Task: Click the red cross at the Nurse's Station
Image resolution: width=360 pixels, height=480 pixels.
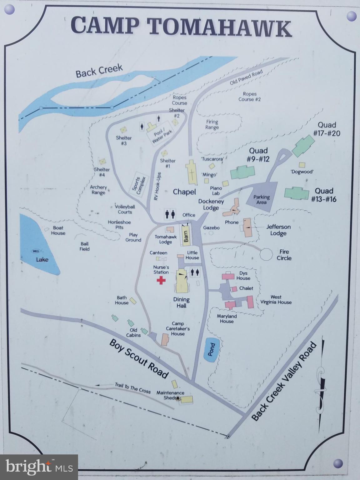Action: pos(161,280)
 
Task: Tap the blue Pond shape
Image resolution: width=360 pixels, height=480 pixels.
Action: pos(212,349)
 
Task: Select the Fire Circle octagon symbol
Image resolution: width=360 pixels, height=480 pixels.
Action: pos(267,254)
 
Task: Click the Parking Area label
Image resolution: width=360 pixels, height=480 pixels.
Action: pos(262,199)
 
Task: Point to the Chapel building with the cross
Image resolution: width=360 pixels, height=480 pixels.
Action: pos(191,172)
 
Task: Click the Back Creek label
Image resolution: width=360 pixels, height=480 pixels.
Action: pos(99,71)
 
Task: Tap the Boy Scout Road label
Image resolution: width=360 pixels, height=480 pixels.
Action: pos(139,358)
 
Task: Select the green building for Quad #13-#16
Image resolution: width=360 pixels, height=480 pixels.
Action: pos(297,193)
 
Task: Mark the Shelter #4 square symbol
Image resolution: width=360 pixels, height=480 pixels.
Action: pos(102,162)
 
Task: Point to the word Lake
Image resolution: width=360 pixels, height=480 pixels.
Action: pos(42,259)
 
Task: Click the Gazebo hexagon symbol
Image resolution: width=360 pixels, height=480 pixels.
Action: pos(211,233)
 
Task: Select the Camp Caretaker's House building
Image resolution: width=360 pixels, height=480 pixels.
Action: pos(165,339)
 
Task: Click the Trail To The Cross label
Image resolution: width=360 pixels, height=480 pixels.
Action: pos(132,388)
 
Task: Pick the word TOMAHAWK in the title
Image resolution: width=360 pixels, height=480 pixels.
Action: pos(219,27)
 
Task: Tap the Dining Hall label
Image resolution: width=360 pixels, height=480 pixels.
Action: pos(181,302)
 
